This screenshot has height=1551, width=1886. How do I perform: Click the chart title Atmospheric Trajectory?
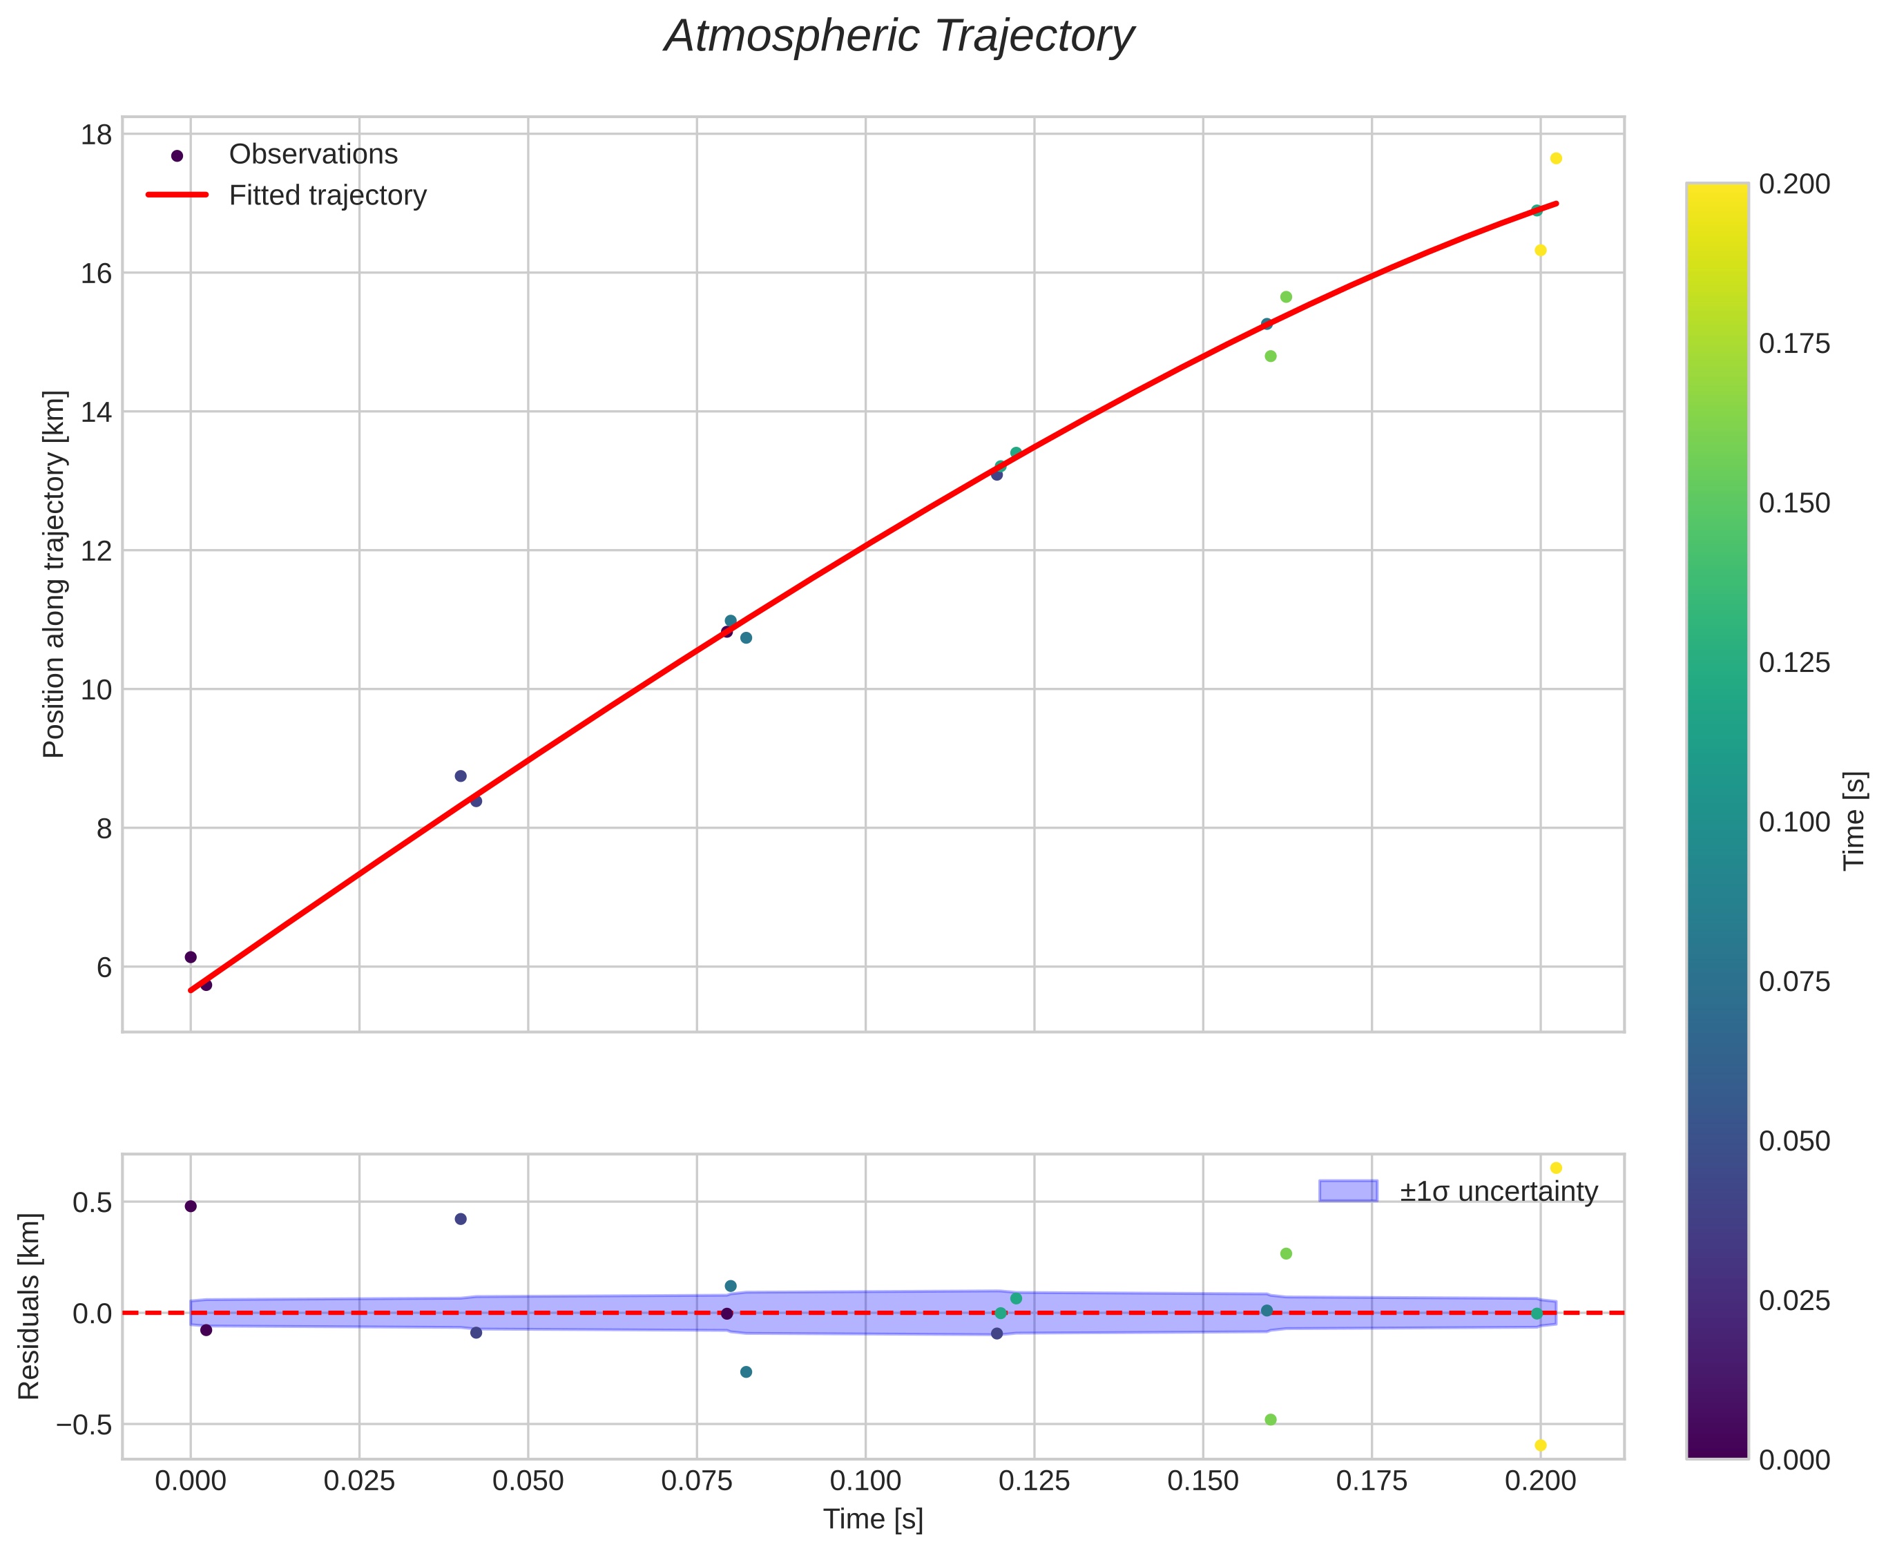click(x=898, y=37)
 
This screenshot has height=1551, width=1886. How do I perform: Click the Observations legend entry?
click(x=313, y=155)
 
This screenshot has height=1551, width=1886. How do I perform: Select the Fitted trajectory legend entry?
click(x=327, y=195)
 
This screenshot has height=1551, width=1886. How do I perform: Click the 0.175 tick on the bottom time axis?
click(x=1371, y=1481)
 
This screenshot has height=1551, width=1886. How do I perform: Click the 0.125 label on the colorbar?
click(x=1794, y=663)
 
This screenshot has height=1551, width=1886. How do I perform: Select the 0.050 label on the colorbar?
click(x=1794, y=1141)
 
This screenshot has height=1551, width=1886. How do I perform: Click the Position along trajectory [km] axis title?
click(x=55, y=574)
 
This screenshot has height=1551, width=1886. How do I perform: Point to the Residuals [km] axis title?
click(x=30, y=1307)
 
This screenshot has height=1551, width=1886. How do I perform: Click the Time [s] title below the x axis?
click(x=873, y=1519)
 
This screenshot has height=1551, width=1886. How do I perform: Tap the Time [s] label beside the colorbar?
click(x=1855, y=820)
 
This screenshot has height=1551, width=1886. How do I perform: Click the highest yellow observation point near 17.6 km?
click(x=1555, y=159)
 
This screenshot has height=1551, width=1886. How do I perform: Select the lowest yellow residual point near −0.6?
click(x=1540, y=1445)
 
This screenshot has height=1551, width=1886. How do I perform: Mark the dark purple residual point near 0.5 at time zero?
click(x=191, y=1206)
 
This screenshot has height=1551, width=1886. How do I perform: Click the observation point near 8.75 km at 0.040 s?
click(x=460, y=776)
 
